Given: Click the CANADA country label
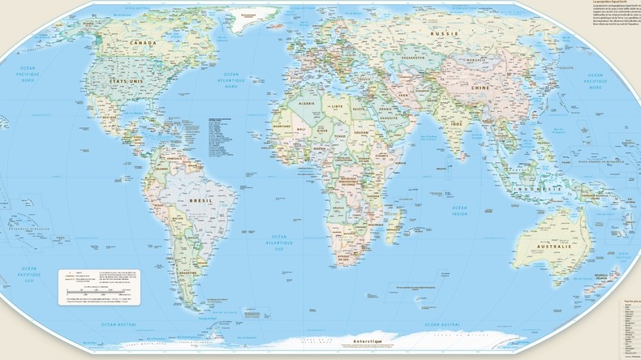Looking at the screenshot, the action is (x=143, y=43).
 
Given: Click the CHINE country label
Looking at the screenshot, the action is (x=481, y=87).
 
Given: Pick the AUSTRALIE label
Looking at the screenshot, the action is (x=553, y=246).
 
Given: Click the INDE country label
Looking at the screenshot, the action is (x=457, y=124).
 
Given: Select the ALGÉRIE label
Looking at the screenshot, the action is (x=308, y=105).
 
